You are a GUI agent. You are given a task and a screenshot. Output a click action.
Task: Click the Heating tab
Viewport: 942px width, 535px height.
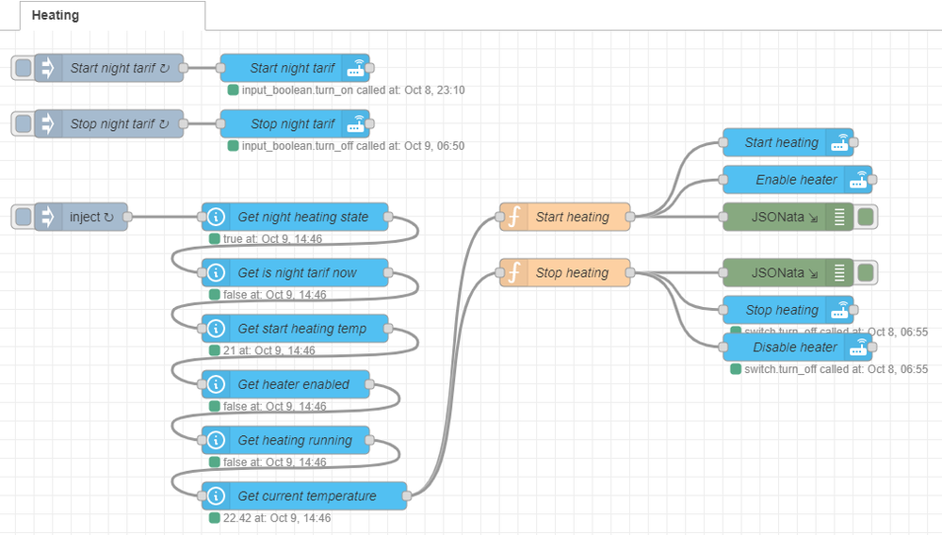[x=56, y=15]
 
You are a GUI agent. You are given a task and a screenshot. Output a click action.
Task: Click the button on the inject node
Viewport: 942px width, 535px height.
[x=23, y=217]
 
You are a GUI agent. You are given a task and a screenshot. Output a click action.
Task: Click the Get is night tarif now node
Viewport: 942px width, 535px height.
[x=296, y=273]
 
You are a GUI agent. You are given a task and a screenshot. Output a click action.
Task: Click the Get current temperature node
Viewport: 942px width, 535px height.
[x=305, y=495]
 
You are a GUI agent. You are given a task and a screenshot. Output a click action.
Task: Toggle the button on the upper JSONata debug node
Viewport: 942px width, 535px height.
[x=866, y=217]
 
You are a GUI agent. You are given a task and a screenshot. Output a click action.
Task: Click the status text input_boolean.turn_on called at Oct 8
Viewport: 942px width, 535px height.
[x=352, y=90]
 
